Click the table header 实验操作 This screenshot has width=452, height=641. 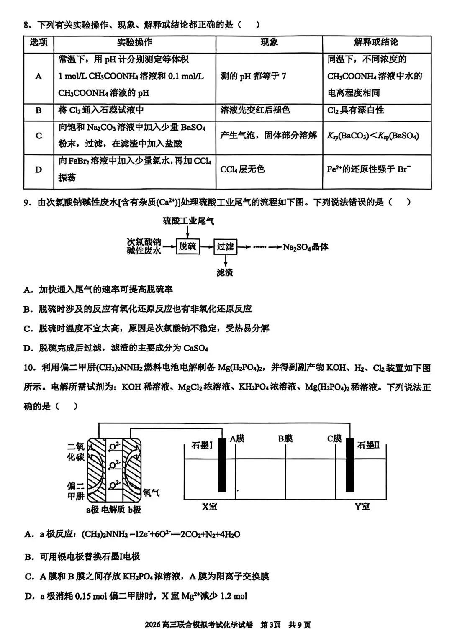[x=134, y=43]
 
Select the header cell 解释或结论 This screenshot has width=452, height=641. [x=376, y=42]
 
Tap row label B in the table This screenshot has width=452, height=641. [x=39, y=110]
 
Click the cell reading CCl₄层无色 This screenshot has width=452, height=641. [x=243, y=169]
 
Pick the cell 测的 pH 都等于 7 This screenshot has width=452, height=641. [x=253, y=76]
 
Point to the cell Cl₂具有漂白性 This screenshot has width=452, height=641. [x=355, y=110]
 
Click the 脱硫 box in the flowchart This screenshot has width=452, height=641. [x=187, y=246]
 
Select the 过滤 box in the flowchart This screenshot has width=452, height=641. [x=225, y=246]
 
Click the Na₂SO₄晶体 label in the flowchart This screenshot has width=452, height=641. [x=306, y=247]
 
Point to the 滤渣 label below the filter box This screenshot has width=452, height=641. [x=225, y=273]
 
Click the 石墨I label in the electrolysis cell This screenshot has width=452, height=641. [x=202, y=446]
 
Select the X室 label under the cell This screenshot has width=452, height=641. [x=210, y=507]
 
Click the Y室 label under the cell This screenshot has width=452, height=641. [x=362, y=507]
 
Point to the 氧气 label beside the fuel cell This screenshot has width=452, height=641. [x=151, y=492]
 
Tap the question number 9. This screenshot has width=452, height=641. [x=27, y=203]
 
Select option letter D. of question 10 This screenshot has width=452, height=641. [x=29, y=596]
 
